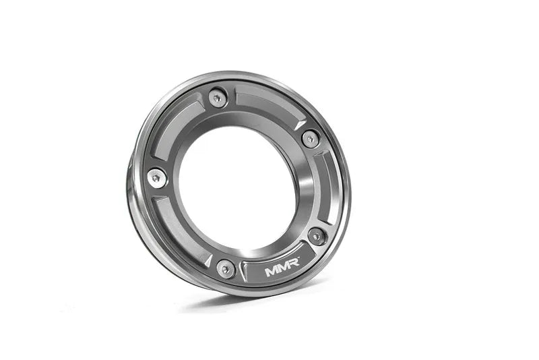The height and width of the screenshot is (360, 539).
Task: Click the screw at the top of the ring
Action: coord(215,98)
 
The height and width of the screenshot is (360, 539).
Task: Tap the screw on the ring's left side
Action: coord(156,176)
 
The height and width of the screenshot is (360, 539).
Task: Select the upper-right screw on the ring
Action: coord(309,139)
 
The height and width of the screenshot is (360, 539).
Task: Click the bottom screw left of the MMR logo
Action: coord(226,268)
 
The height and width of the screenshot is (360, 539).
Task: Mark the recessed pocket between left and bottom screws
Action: coord(179,226)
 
